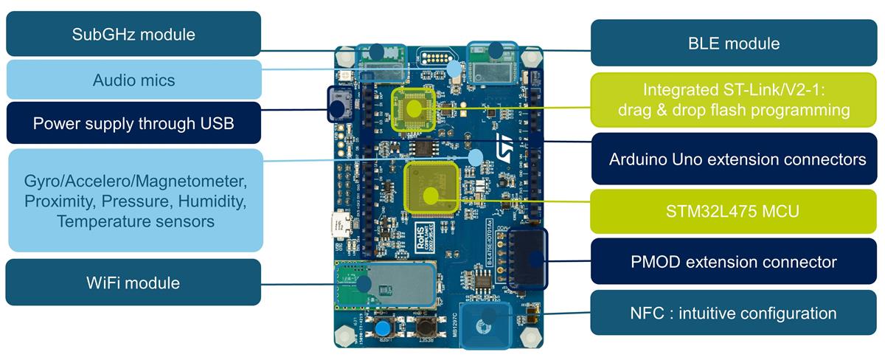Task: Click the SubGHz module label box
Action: (133, 34)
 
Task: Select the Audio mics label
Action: (133, 80)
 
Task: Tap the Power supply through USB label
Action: (133, 123)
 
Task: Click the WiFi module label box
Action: (133, 283)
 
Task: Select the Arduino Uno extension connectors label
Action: (737, 159)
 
